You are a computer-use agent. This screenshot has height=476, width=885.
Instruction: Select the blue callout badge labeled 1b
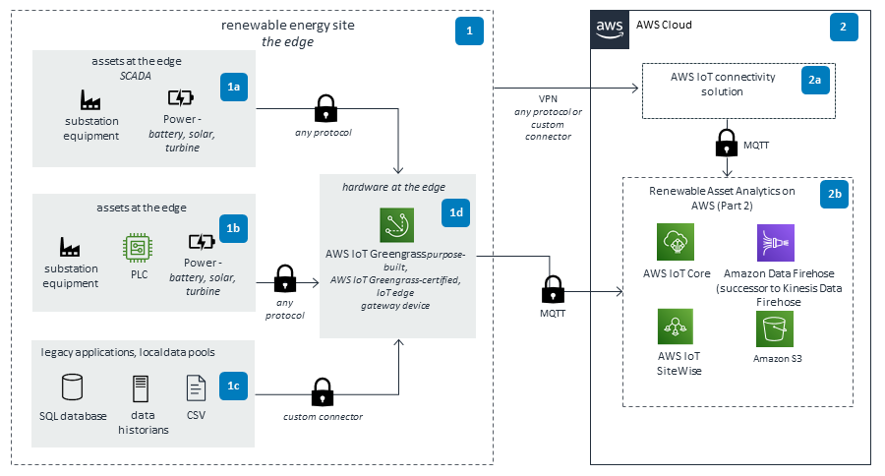pos(234,229)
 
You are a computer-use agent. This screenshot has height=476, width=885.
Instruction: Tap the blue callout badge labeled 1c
pos(234,387)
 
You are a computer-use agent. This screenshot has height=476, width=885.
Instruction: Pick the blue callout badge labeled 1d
pos(458,212)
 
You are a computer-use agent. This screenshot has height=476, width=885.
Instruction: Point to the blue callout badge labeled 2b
pos(835,196)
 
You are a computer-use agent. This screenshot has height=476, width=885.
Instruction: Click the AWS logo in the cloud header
pos(610,29)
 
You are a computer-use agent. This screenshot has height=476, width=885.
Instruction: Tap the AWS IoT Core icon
pos(676,242)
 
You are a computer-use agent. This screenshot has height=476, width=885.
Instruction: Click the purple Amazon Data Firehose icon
pos(774,242)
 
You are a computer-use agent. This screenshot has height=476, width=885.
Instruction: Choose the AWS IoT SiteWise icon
pos(676,327)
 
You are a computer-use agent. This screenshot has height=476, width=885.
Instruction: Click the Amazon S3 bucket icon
pos(774,330)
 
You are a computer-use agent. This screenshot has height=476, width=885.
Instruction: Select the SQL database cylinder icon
pos(72,387)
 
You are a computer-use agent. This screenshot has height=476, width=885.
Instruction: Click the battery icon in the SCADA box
pos(181,98)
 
